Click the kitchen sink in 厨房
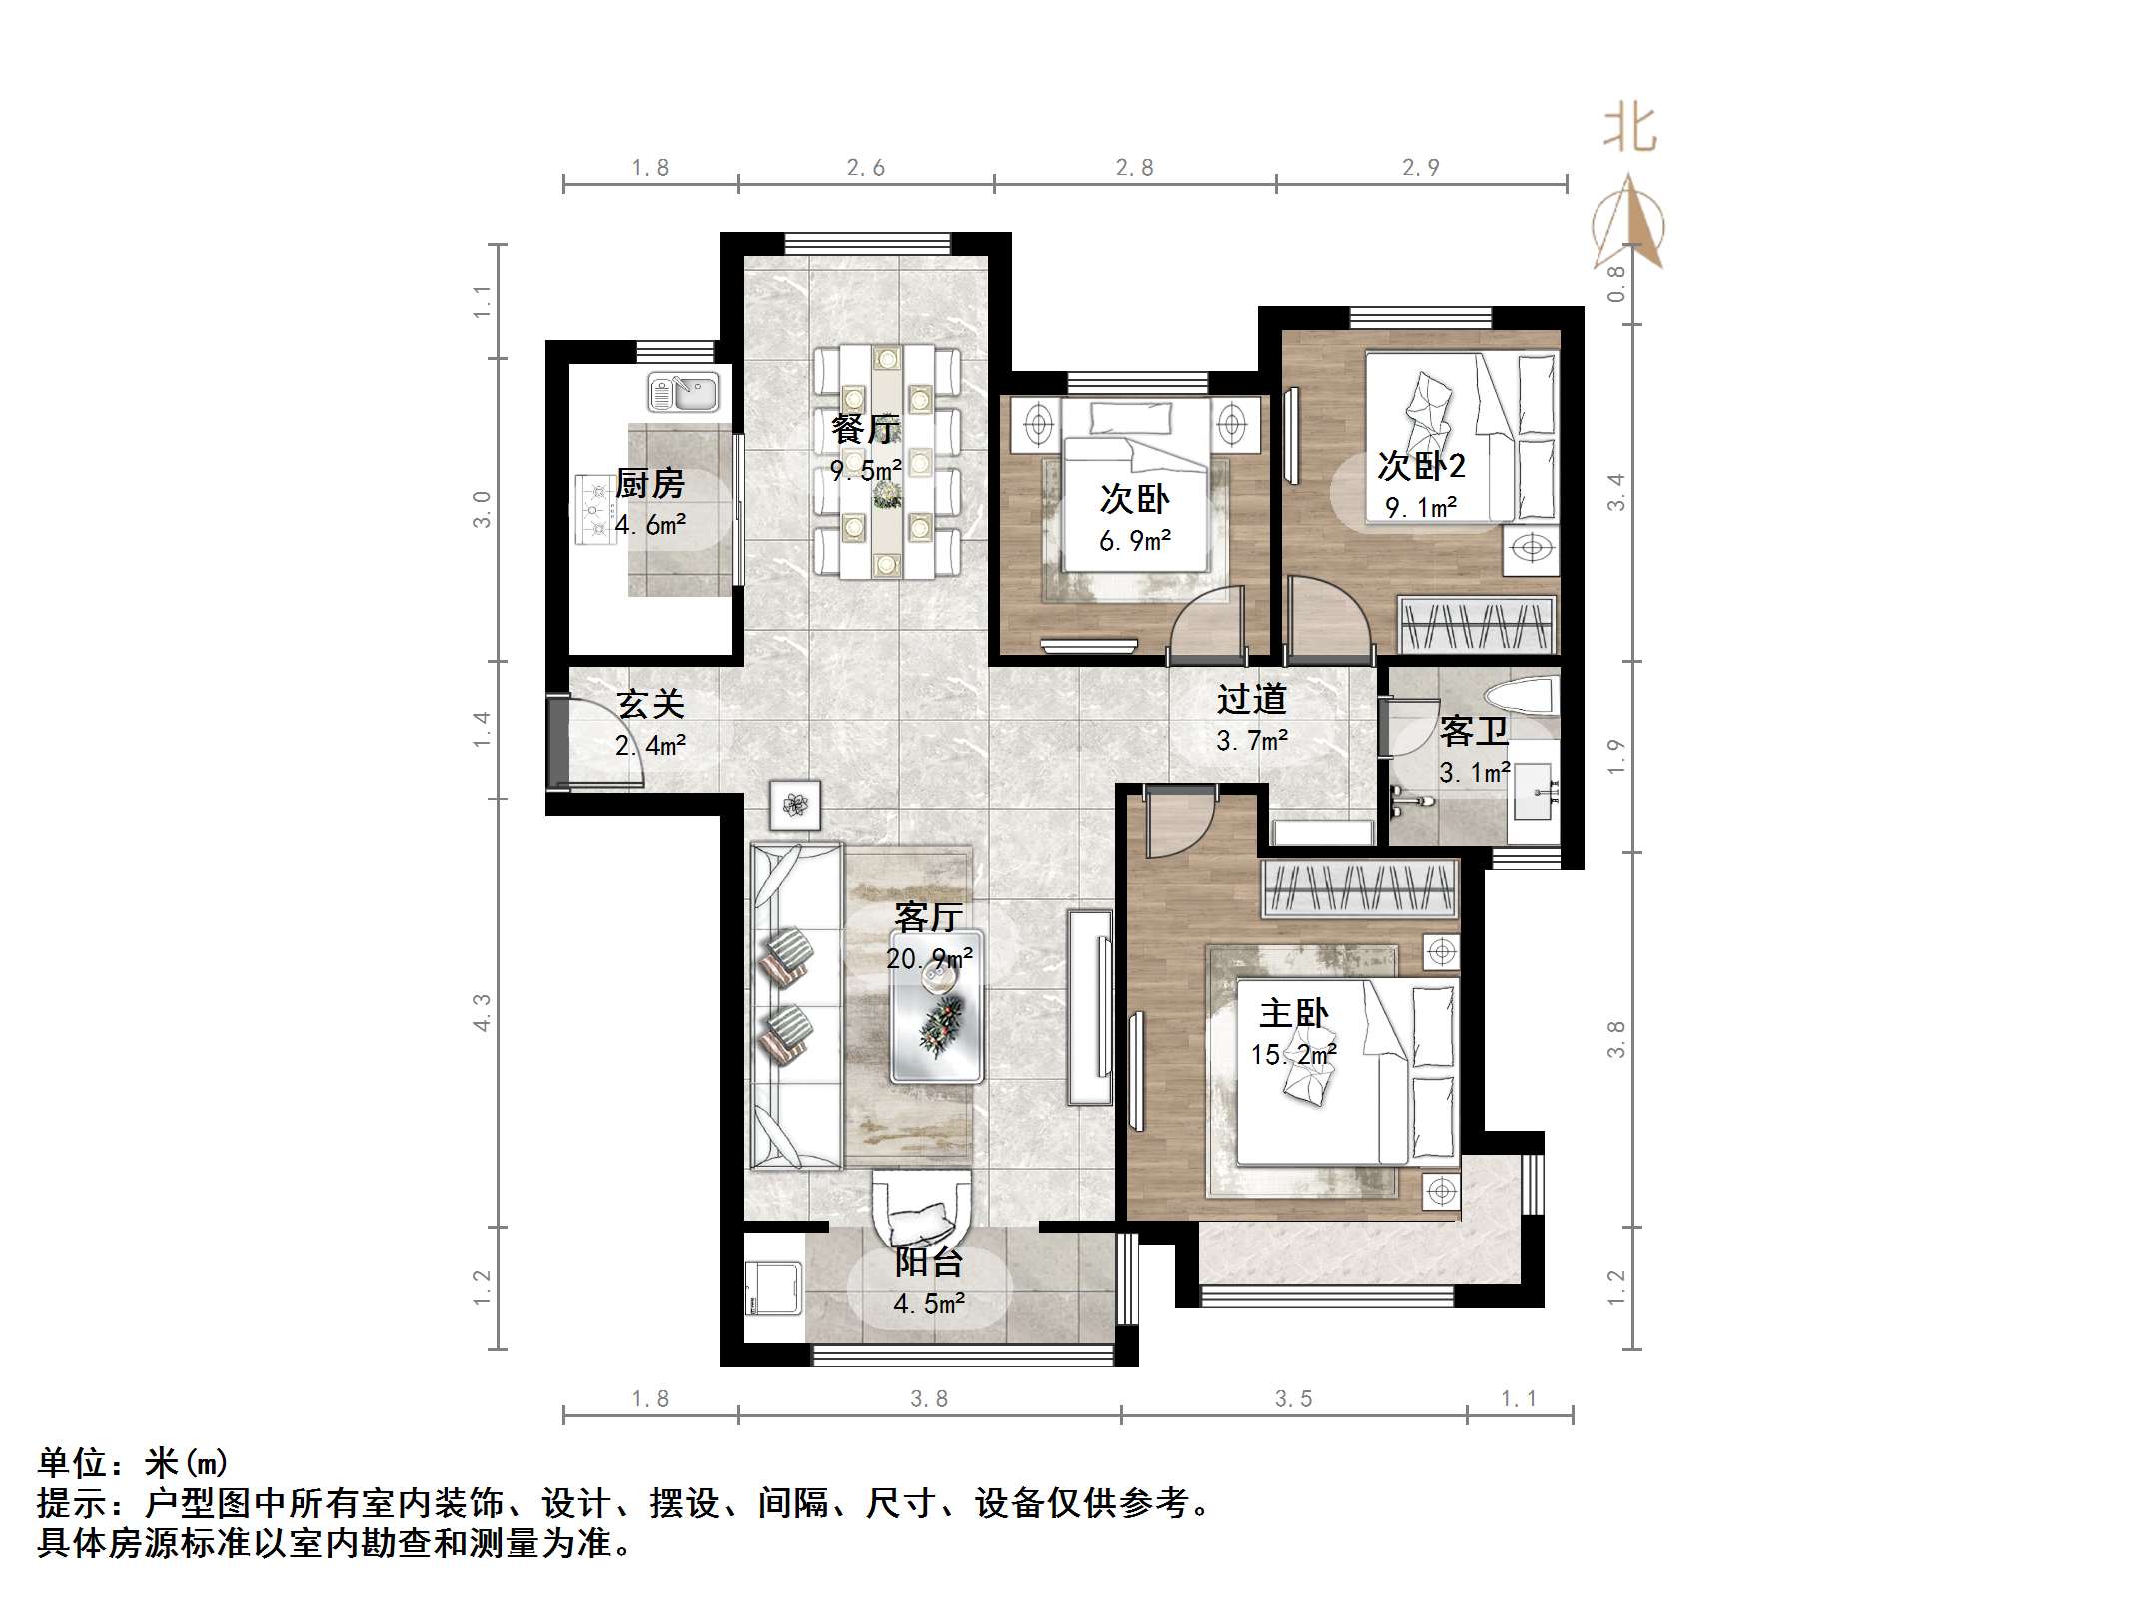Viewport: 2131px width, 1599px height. click(683, 392)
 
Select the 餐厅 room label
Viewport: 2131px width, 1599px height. click(865, 429)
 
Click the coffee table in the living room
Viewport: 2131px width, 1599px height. click(937, 1007)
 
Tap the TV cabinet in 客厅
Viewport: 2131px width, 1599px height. click(1090, 1006)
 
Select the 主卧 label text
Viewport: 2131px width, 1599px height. click(1293, 1013)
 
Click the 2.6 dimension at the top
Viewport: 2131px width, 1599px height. click(865, 168)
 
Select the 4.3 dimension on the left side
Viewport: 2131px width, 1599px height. click(483, 1012)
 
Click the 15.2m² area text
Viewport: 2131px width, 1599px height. click(1293, 1055)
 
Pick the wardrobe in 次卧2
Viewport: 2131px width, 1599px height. click(1477, 624)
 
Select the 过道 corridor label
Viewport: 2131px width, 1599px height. click(1251, 698)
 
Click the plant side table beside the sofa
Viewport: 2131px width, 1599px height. click(795, 805)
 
